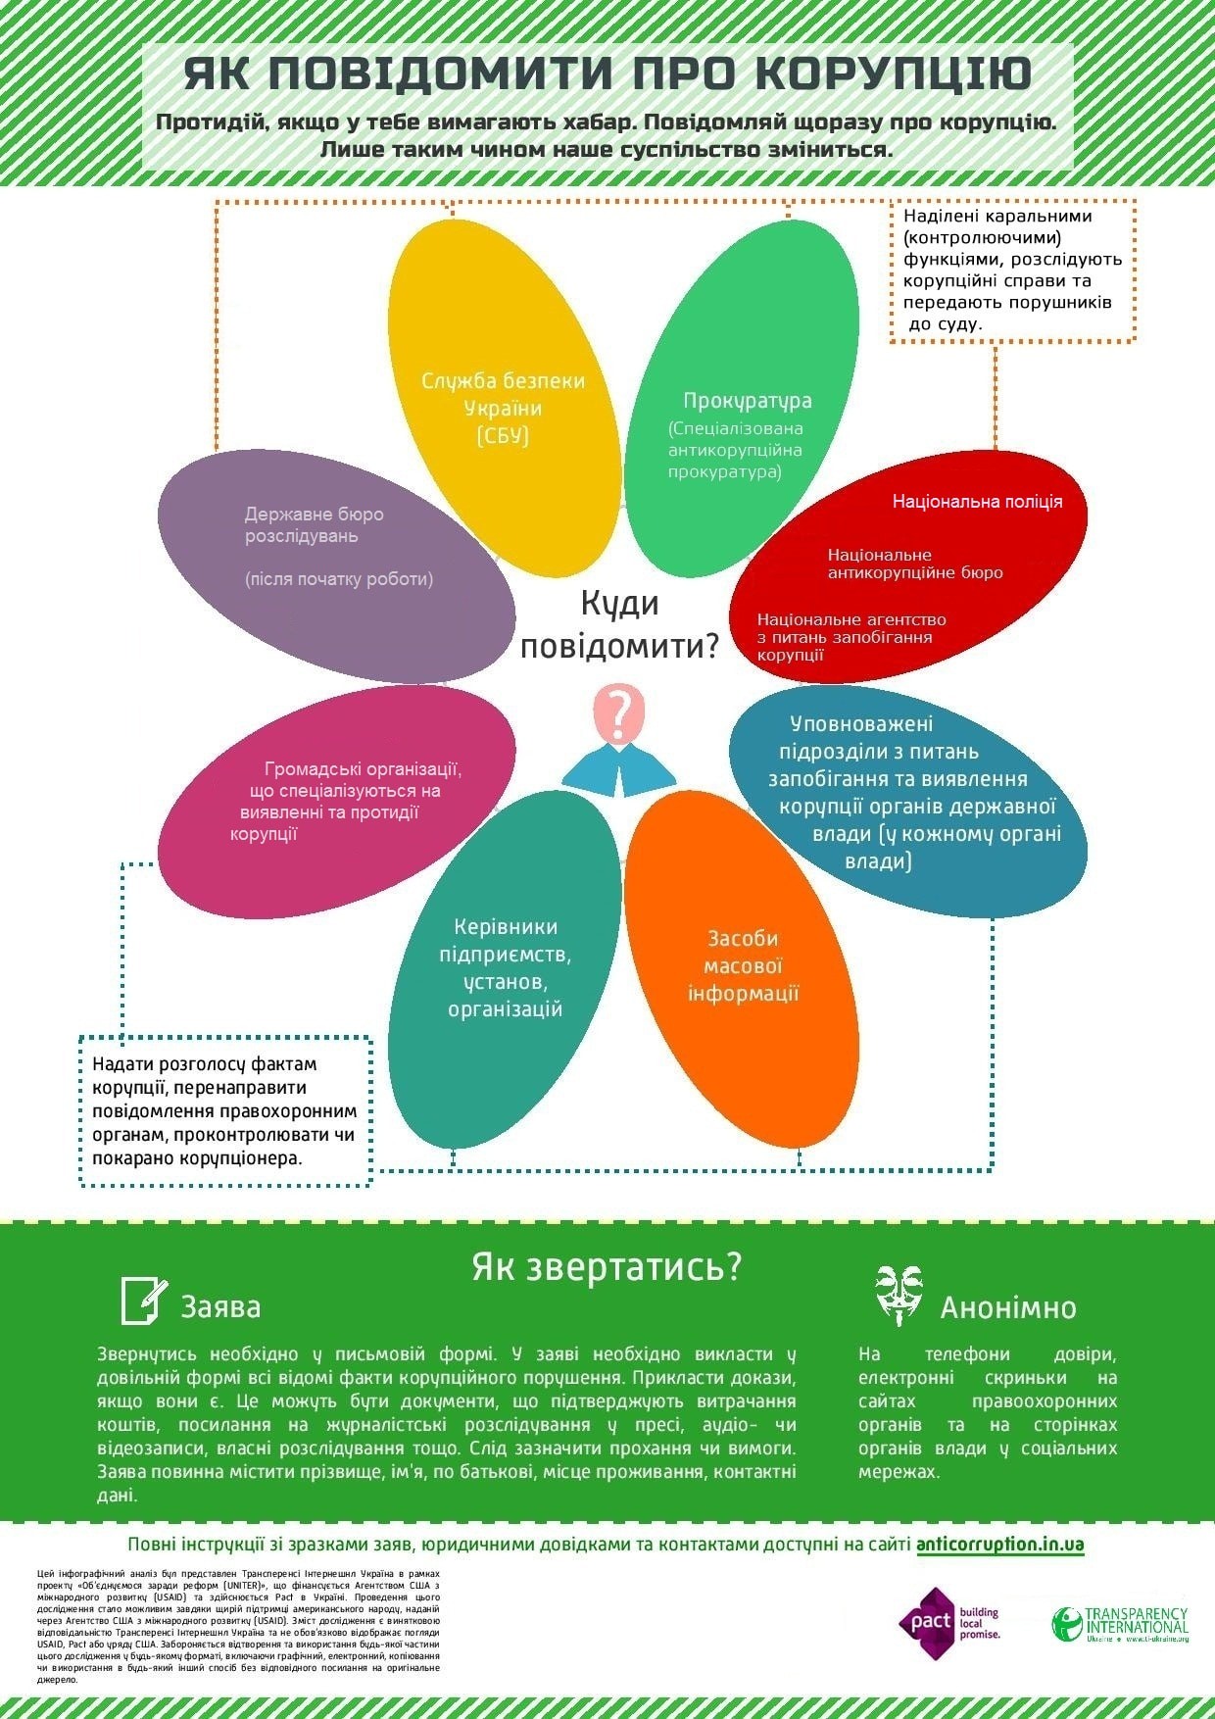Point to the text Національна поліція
click(977, 502)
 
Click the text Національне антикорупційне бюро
click(914, 564)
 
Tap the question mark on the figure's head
click(618, 712)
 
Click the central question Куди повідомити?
click(619, 625)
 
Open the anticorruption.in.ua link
click(999, 1545)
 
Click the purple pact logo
click(926, 1622)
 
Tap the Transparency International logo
click(1120, 1624)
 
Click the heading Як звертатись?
click(607, 1266)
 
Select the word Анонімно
click(1007, 1307)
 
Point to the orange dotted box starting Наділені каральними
click(1012, 270)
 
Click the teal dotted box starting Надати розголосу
click(224, 1110)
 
